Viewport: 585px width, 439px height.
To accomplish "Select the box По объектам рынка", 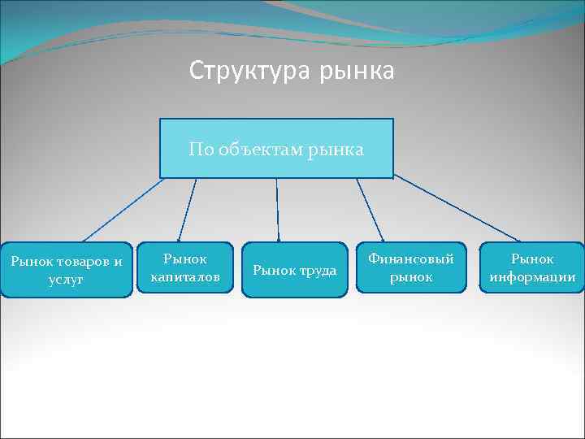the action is [276, 148].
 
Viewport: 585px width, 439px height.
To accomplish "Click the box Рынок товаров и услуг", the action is [67, 270].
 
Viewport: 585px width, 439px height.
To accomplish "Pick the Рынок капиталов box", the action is [185, 268].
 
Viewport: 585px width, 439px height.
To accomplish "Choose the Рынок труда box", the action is [294, 270].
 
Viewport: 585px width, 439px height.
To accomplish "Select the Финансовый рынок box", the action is [411, 268].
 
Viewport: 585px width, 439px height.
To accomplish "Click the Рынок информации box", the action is [532, 268].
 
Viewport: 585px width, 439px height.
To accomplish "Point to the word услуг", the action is [67, 279].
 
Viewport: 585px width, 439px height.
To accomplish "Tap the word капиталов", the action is [185, 277].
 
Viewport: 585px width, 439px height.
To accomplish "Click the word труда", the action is [317, 270].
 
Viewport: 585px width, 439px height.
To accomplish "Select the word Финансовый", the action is [411, 259].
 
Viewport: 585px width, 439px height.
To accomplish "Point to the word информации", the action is [532, 277].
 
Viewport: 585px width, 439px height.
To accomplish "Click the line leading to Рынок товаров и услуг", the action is [122, 210].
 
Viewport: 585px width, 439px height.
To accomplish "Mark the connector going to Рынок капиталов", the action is [187, 210].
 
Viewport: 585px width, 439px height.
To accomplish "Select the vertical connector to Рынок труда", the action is [278, 210].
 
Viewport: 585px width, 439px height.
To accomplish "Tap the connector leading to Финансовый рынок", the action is [370, 210].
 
